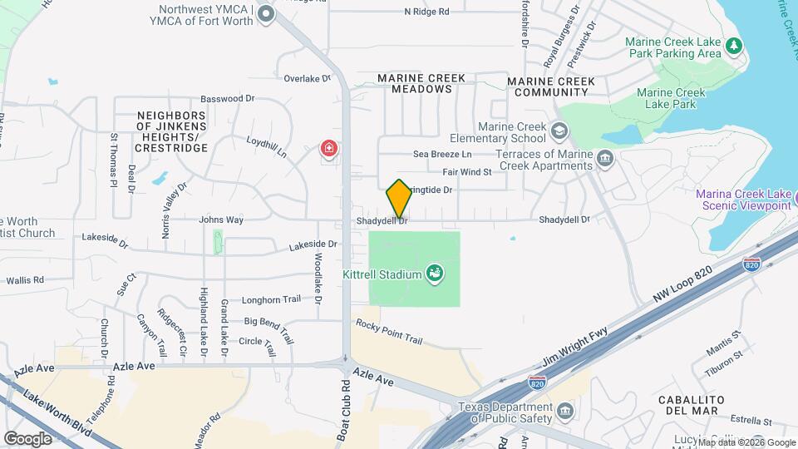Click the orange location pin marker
tap(399, 198)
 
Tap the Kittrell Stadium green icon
tap(433, 273)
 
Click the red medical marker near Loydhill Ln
tap(330, 150)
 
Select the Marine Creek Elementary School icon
tap(559, 131)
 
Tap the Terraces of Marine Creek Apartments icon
tap(605, 159)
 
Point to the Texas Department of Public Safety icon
tap(564, 412)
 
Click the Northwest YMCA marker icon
tap(266, 13)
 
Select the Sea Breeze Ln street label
tap(443, 155)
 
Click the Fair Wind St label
tap(467, 172)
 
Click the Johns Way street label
tap(221, 220)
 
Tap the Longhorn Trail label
tap(271, 299)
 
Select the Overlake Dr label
tap(308, 79)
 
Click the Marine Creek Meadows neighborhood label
tap(421, 83)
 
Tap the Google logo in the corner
tap(28, 438)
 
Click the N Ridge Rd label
tap(426, 12)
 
